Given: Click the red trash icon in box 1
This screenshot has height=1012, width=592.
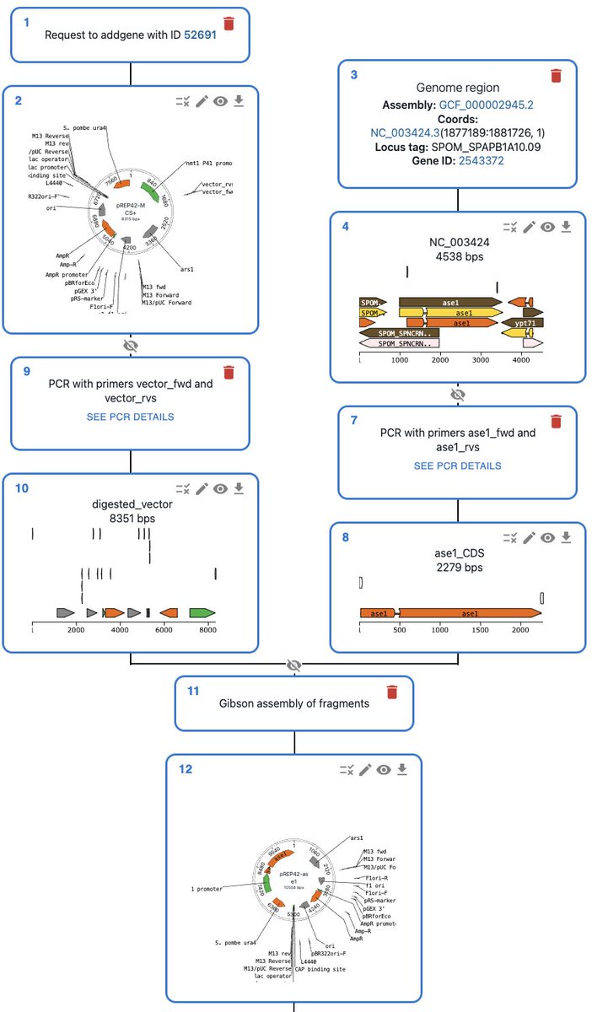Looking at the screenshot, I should (x=229, y=24).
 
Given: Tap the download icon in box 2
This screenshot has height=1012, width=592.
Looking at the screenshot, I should (x=239, y=101).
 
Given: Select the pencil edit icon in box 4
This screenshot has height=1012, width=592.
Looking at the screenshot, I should (x=530, y=227).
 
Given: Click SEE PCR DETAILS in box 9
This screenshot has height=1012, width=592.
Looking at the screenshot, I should (x=130, y=417).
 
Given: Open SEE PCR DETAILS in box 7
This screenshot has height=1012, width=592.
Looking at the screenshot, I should (x=457, y=466).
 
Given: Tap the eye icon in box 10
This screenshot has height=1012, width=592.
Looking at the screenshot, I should (x=220, y=488).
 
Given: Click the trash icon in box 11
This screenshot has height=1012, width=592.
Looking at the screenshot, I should (x=391, y=692).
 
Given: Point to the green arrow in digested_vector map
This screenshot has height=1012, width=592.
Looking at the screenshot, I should (x=203, y=612).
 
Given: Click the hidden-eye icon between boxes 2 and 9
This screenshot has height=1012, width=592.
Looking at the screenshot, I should (x=131, y=345).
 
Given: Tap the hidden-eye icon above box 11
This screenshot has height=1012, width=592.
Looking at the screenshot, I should (x=293, y=665).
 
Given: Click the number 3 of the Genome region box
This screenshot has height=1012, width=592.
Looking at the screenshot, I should (x=353, y=74).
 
